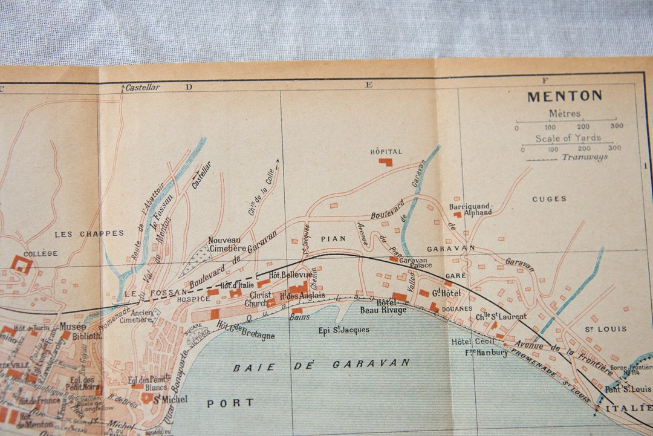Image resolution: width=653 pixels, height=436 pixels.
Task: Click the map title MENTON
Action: [x=564, y=96]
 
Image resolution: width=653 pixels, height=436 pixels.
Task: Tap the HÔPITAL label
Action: [x=386, y=152]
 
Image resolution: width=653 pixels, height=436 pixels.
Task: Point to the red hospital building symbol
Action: [x=385, y=162]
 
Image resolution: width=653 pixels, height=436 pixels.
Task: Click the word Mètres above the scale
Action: [x=565, y=114]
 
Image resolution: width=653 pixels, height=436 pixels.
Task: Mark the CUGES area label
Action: [x=549, y=198]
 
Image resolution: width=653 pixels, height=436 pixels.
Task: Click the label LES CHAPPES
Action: [x=89, y=233]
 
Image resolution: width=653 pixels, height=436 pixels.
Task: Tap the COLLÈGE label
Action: [x=41, y=253]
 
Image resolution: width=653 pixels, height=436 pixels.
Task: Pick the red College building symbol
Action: [x=22, y=264]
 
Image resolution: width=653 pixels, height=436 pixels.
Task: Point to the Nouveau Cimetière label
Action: [x=227, y=244]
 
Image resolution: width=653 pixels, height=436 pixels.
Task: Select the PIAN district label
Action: [x=333, y=239]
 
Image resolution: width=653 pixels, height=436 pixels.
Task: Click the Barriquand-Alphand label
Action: [x=470, y=209]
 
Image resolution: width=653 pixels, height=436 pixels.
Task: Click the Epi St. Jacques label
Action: [x=343, y=330]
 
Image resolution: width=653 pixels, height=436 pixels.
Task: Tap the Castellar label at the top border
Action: [x=142, y=88]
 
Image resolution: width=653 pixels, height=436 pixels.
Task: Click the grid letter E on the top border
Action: [x=368, y=85]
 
